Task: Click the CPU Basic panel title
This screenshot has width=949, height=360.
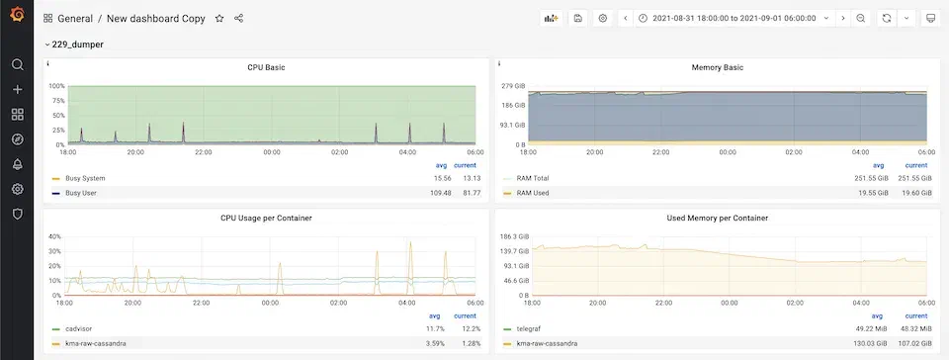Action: [x=266, y=67]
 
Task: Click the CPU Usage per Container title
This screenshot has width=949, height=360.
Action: [x=266, y=218]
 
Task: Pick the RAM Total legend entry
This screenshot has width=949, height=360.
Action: [x=533, y=178]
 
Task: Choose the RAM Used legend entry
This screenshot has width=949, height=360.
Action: [x=533, y=192]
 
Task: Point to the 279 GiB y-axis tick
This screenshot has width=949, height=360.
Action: [x=513, y=87]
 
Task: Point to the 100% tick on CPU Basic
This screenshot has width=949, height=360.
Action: [x=55, y=87]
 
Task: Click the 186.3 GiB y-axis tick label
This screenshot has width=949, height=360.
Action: [x=511, y=237]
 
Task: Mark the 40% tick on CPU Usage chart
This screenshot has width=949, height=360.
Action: [x=55, y=237]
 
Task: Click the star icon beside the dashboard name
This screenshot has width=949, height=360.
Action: [x=219, y=19]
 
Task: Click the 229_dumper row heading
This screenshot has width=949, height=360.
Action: [x=78, y=45]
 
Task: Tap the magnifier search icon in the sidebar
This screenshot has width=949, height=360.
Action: [x=17, y=65]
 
